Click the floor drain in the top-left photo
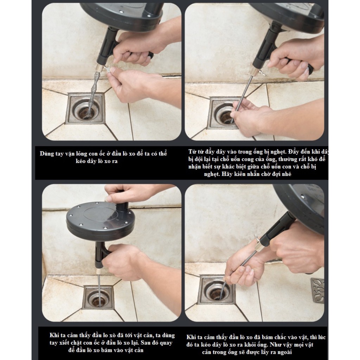tap(85, 108)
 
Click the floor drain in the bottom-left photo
tap(98, 297)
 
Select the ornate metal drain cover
tap(317, 290)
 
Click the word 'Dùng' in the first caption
tap(47, 154)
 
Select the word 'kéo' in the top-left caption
tap(81, 161)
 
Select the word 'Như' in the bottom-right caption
tap(276, 345)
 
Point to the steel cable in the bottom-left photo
tap(99, 290)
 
